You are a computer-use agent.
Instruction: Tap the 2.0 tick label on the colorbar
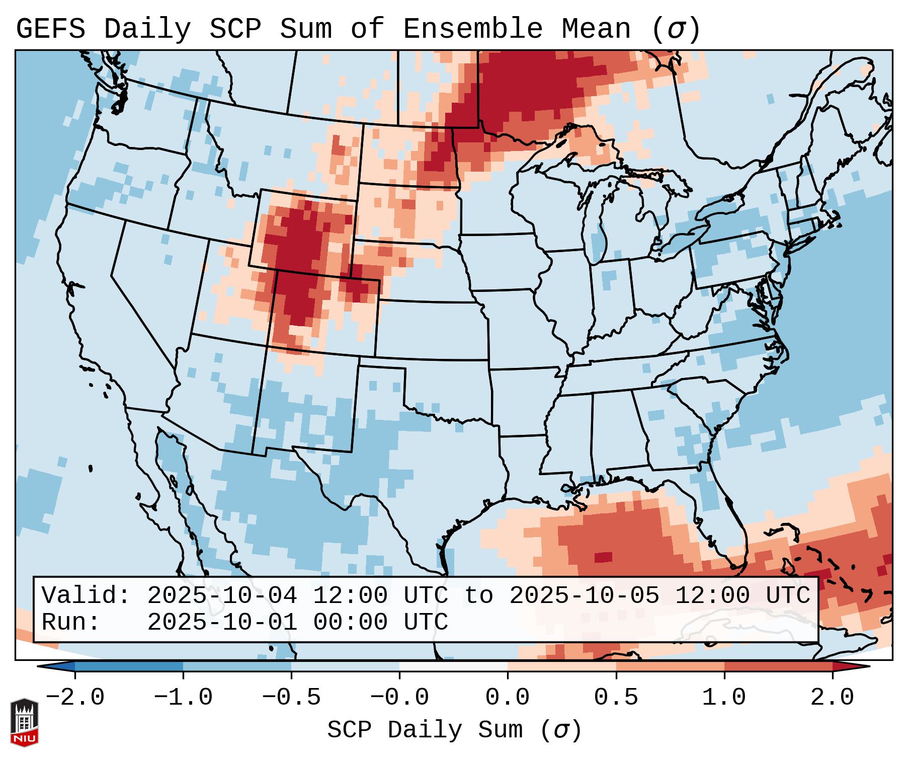[x=832, y=698]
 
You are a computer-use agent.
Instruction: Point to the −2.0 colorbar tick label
[x=75, y=698]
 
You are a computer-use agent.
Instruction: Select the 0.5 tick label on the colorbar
[x=616, y=698]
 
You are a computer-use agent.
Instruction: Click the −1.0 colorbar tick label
[x=183, y=698]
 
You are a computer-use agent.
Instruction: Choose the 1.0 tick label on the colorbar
[x=724, y=698]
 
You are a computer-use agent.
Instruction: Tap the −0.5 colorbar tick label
[x=291, y=698]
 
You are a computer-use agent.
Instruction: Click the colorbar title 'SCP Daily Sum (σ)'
[x=454, y=730]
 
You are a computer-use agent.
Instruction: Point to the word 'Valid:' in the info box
[x=86, y=595]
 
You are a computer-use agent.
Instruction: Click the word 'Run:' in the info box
[x=71, y=622]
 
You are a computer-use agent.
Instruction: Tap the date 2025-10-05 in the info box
[x=584, y=595]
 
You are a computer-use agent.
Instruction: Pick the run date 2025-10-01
[x=222, y=622]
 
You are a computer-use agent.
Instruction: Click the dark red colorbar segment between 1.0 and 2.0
[x=778, y=666]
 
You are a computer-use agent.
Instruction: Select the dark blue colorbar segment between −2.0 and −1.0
[x=129, y=666]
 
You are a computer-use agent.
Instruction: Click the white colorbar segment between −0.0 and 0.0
[x=453, y=666]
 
